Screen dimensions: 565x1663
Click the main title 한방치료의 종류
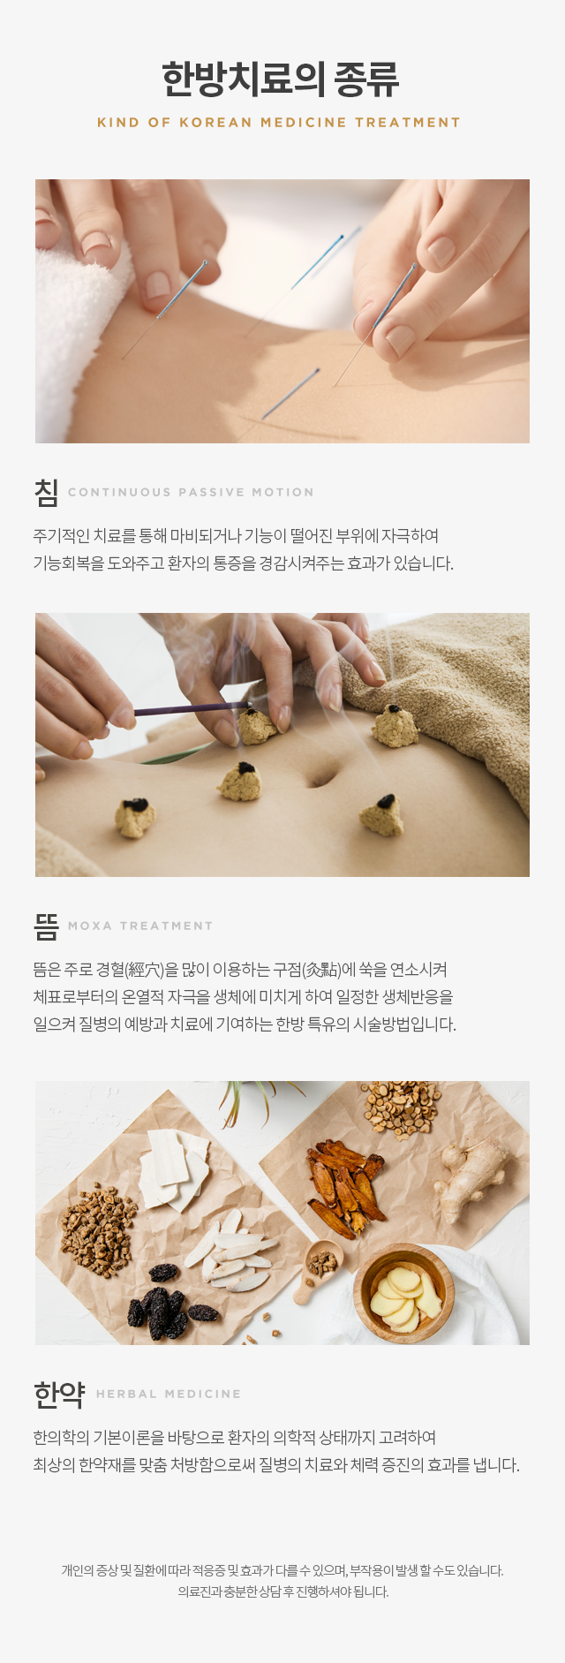point(281,79)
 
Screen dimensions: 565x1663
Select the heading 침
point(46,492)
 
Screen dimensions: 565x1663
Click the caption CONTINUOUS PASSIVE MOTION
point(191,492)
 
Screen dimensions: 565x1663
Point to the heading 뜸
point(46,926)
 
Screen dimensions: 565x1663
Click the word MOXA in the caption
point(90,926)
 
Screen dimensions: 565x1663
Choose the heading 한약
point(59,1395)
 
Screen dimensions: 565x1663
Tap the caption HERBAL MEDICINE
point(169,1394)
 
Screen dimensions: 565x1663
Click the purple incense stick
point(190,708)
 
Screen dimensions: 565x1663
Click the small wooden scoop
point(318,1269)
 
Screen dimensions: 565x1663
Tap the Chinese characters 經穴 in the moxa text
point(145,970)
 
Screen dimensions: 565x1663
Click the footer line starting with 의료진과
point(282,1591)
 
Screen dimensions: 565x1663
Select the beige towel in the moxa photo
point(441,689)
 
